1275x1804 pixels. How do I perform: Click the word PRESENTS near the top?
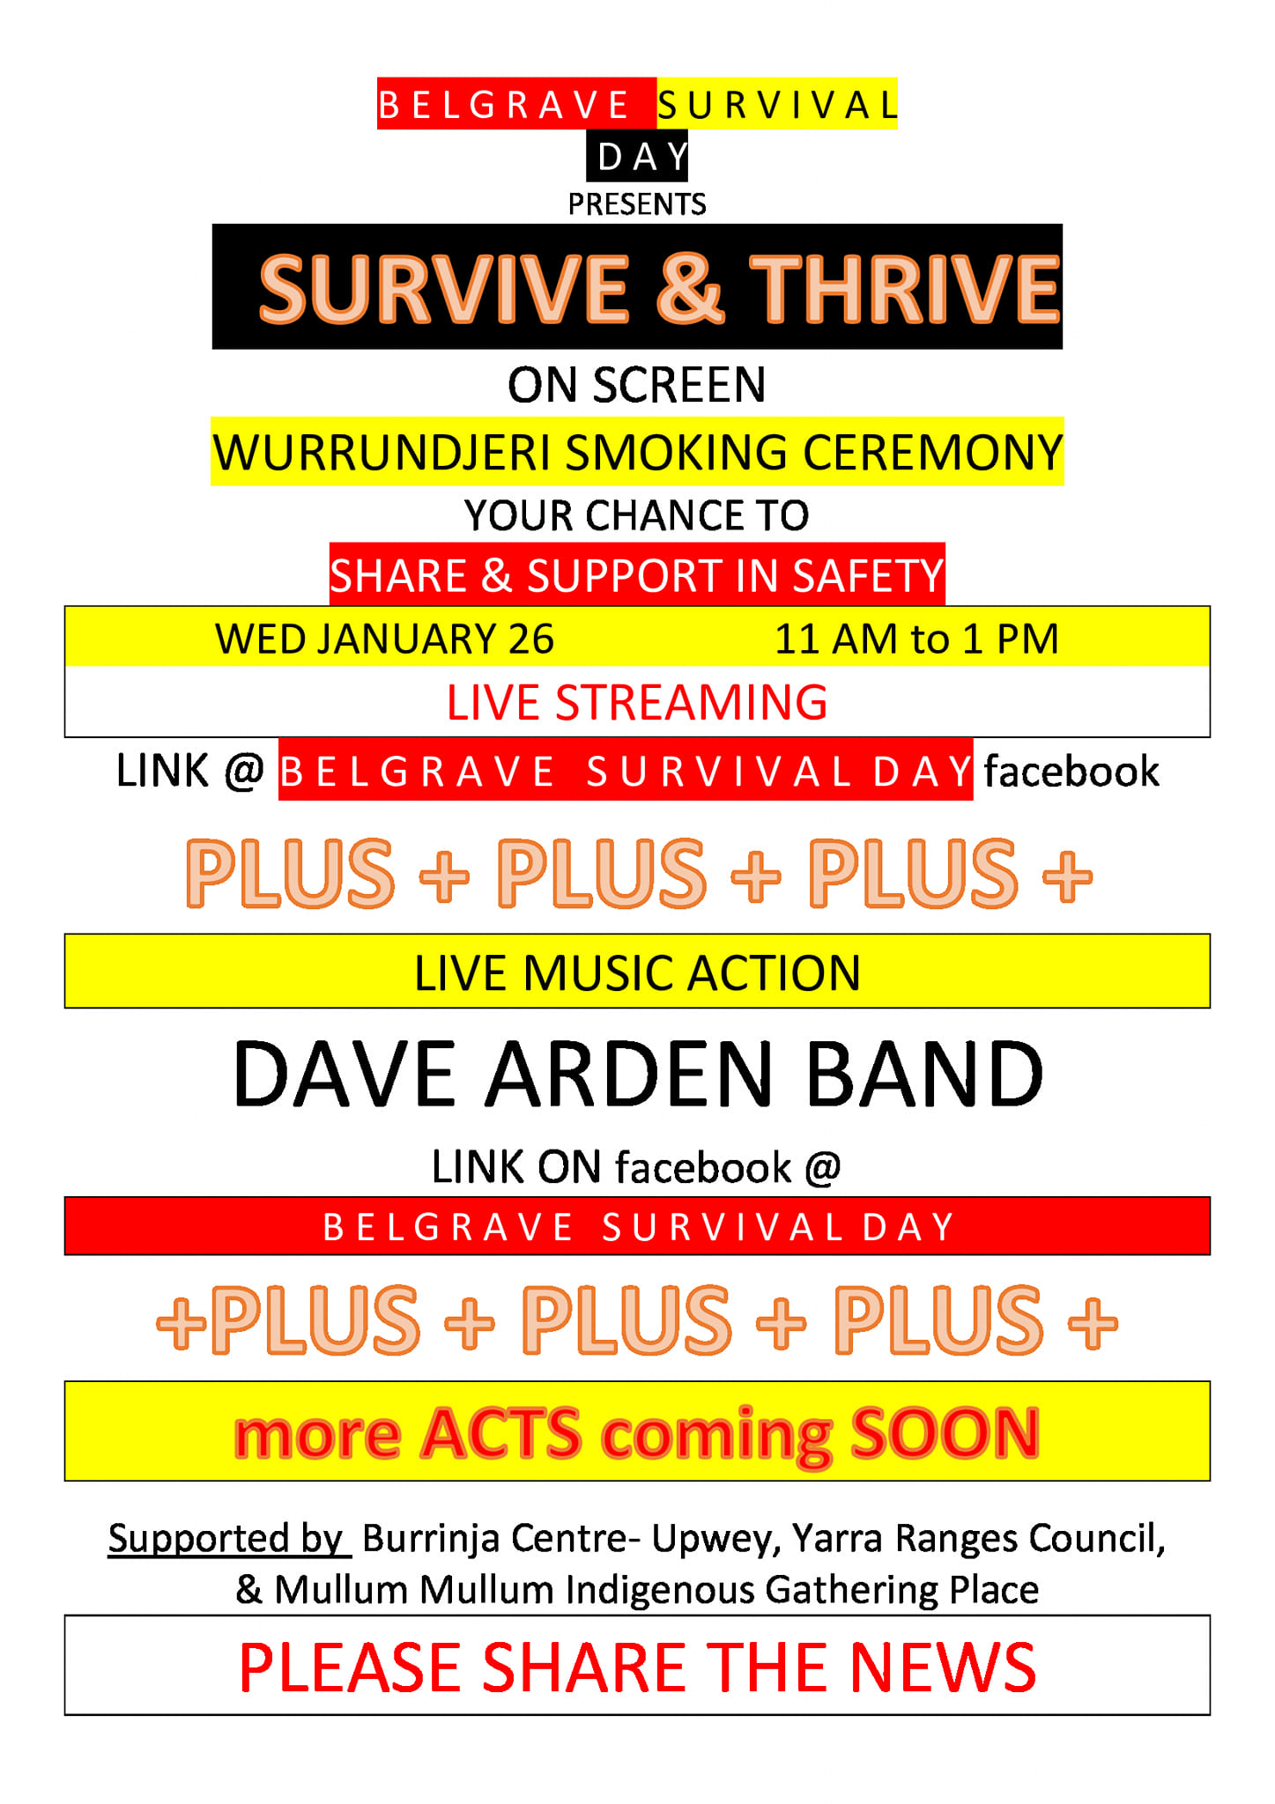point(637,204)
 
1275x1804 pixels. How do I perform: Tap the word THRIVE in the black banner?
point(904,288)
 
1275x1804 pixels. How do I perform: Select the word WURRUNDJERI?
point(382,453)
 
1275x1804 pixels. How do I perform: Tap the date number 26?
point(531,639)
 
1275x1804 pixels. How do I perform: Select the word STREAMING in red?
point(691,703)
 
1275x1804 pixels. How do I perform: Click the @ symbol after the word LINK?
point(244,772)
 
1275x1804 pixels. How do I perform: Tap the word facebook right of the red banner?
point(1071,771)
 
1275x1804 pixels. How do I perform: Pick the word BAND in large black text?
point(924,1074)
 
